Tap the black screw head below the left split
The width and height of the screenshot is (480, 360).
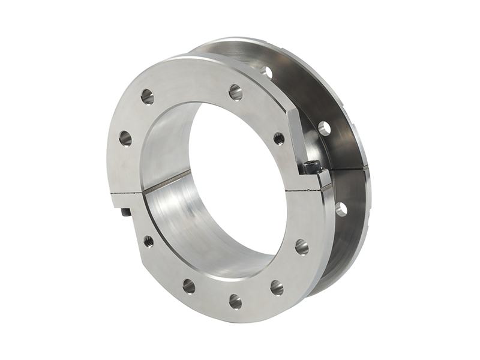(125, 212)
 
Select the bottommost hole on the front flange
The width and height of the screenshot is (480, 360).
(235, 301)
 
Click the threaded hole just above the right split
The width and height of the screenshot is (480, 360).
(279, 139)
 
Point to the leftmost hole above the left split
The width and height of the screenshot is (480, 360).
(125, 139)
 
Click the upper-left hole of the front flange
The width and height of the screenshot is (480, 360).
(147, 96)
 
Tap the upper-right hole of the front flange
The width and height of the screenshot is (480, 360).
(235, 92)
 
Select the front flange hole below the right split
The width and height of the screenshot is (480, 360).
(301, 247)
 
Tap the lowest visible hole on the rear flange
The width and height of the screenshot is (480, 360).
(341, 209)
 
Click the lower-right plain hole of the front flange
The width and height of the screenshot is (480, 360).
(277, 287)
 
